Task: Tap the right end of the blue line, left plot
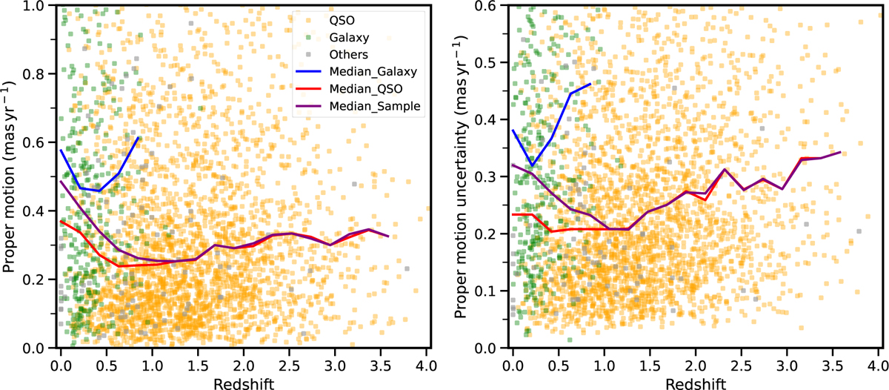138,138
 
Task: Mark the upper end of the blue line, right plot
590,85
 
